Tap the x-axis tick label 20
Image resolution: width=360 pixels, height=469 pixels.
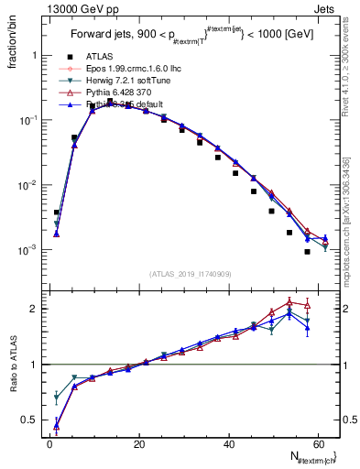coord(138,444)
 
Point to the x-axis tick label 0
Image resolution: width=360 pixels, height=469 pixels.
coord(49,444)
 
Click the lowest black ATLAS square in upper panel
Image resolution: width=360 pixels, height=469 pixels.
coord(307,252)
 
